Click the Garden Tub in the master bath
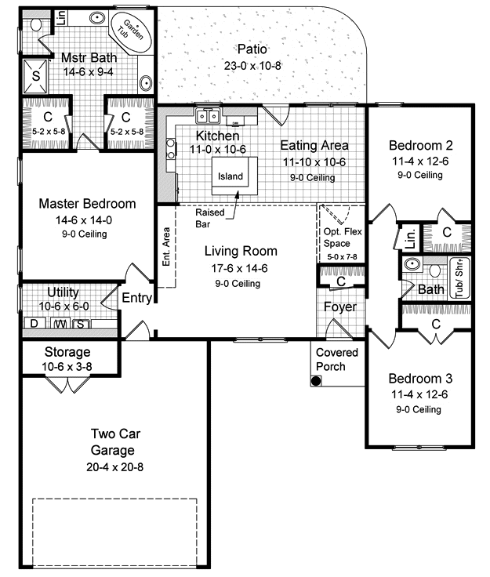(x=132, y=31)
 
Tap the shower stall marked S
(x=36, y=76)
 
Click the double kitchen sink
(x=208, y=116)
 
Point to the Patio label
(x=252, y=49)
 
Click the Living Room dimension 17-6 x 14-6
(x=239, y=268)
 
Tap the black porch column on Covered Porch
(x=316, y=381)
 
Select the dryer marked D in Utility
(x=34, y=323)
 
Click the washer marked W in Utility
(x=60, y=323)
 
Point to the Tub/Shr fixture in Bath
(x=459, y=278)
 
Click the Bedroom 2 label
(x=420, y=145)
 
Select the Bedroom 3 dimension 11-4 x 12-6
(x=419, y=394)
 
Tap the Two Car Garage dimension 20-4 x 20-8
(x=114, y=467)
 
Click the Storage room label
(x=67, y=352)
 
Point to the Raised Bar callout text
(x=209, y=218)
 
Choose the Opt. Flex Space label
(x=343, y=238)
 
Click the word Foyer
(x=340, y=307)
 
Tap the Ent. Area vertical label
(x=166, y=246)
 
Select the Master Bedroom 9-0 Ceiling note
(x=84, y=234)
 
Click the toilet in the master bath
(x=36, y=24)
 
